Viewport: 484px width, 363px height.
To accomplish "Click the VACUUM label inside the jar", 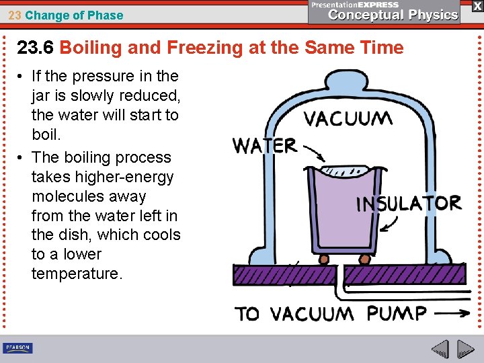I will (348, 120).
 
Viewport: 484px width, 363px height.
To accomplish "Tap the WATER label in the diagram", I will (264, 145).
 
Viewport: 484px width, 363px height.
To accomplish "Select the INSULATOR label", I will (408, 203).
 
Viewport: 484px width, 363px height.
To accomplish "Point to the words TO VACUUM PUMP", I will (330, 314).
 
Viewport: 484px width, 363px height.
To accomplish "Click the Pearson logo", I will (18, 348).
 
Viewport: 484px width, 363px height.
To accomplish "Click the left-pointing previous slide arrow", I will (440, 349).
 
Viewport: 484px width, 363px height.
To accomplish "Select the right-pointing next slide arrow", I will (465, 349).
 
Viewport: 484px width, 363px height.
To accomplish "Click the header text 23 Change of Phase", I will (66, 15).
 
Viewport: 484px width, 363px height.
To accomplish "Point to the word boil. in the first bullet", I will (46, 134).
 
